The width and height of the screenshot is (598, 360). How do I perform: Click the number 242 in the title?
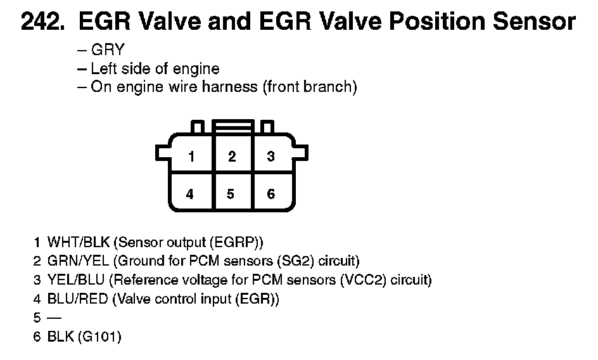point(43,22)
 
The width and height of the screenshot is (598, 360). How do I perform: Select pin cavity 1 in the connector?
point(190,156)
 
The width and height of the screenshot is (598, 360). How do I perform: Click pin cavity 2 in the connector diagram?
point(232,156)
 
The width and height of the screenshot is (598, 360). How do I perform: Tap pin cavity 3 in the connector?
point(270,156)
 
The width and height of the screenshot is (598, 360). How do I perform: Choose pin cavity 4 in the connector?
point(190,194)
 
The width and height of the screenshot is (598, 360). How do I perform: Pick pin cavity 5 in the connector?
point(231,194)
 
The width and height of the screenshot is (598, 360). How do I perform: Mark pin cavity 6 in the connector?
point(270,194)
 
